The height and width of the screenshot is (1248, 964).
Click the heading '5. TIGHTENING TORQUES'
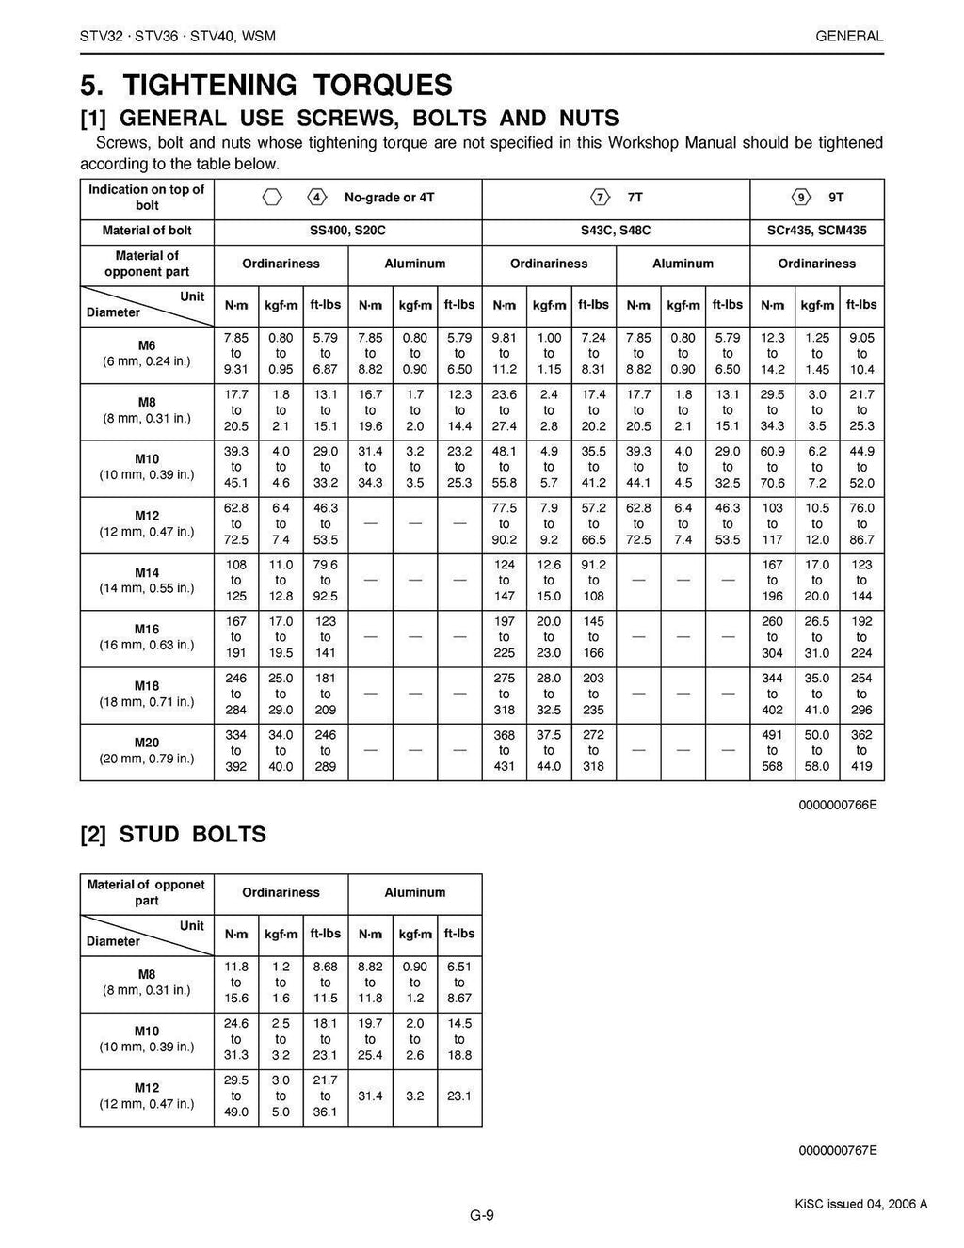click(x=266, y=86)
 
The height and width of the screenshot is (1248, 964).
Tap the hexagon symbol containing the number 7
click(x=600, y=198)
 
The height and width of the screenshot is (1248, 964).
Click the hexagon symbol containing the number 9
click(x=801, y=198)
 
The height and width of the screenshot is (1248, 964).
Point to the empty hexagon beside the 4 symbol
click(x=272, y=198)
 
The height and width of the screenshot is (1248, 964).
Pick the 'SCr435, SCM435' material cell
click(x=816, y=231)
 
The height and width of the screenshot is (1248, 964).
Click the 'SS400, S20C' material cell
click(x=347, y=231)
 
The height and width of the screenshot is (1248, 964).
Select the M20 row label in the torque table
click(x=147, y=751)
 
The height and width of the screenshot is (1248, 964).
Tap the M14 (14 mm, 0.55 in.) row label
click(x=147, y=581)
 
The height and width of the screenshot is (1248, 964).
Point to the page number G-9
click(x=482, y=1215)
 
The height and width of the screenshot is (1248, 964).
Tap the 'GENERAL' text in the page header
click(x=849, y=37)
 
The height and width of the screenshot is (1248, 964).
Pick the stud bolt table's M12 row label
click(x=147, y=1096)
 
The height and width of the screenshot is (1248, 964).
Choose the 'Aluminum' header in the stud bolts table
click(x=414, y=893)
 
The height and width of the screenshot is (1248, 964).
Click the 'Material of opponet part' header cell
click(x=147, y=893)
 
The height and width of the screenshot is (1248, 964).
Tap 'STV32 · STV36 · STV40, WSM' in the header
click(x=178, y=37)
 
